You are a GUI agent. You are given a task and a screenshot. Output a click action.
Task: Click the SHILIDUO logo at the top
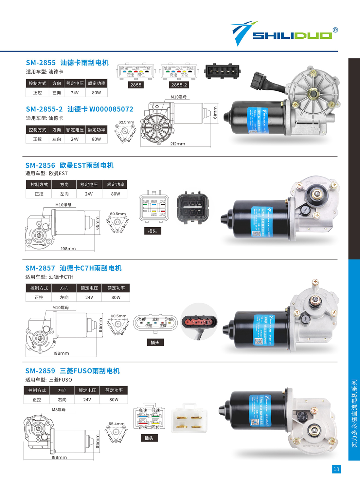coord(285,34)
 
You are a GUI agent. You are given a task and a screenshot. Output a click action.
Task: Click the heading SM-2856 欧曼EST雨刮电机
coord(69,165)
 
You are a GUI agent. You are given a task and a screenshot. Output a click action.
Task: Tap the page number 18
coord(336,469)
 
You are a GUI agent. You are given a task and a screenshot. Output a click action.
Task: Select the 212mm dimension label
coord(177,144)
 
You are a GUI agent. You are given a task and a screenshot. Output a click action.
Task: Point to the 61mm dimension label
coord(215,112)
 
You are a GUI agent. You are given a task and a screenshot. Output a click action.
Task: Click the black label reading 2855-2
coord(179,85)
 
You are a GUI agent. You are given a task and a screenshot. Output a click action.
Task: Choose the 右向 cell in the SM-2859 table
coord(62,400)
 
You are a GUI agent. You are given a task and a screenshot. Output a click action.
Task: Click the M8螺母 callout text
coord(59,410)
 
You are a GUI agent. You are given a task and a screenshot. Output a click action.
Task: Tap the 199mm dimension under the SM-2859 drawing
coord(59,457)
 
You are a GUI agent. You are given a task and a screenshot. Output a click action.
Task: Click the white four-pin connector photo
coord(189,418)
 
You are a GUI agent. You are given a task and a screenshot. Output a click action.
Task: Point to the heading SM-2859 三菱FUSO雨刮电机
coord(73,371)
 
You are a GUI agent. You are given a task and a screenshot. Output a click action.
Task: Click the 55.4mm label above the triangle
coord(117,424)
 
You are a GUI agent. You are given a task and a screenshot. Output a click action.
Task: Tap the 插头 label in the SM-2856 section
coord(152,231)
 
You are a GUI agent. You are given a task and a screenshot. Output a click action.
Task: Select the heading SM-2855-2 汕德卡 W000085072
coord(80,109)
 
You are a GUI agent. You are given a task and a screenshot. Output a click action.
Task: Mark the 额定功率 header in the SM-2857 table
coord(116,288)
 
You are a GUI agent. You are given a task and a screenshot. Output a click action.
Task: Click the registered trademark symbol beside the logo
coord(335,30)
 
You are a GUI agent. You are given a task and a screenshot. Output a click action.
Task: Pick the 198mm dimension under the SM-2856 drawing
coord(68,249)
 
